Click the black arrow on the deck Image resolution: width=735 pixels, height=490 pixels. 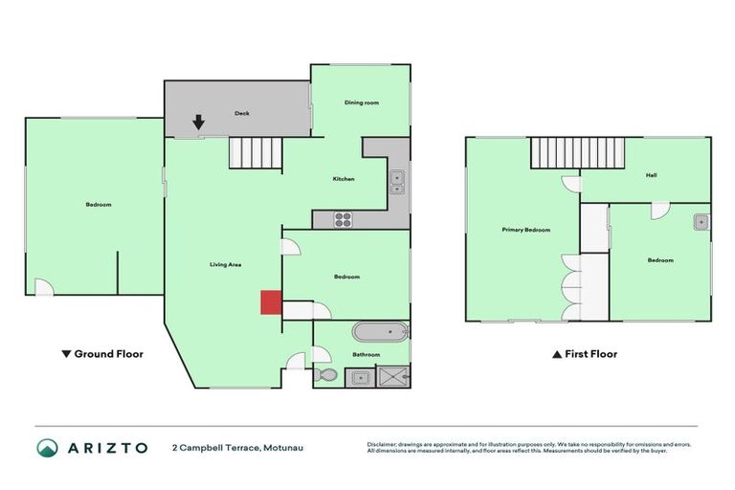tap(198, 122)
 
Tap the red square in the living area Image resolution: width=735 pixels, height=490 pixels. tap(271, 301)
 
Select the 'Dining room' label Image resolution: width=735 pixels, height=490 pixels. tap(362, 101)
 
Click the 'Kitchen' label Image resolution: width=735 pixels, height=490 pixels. tap(344, 179)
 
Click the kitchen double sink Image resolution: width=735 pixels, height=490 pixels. tap(396, 182)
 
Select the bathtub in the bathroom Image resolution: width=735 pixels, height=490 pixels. tap(380, 333)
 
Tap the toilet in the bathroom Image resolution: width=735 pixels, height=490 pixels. tap(324, 374)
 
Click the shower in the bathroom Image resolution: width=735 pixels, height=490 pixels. tap(391, 376)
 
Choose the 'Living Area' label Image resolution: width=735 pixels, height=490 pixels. tap(226, 263)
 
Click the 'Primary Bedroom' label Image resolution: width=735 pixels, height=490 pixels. tap(526, 230)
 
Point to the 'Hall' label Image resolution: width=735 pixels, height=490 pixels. tap(651, 175)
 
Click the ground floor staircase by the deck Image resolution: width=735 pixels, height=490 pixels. tap(256, 152)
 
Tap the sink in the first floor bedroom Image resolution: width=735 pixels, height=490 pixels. tap(702, 223)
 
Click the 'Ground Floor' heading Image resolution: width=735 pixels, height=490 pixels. tap(102, 354)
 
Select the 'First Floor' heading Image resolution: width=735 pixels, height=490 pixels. tap(585, 354)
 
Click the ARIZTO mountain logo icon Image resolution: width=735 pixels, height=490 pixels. tap(47, 447)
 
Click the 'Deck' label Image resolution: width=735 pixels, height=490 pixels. tap(242, 114)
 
